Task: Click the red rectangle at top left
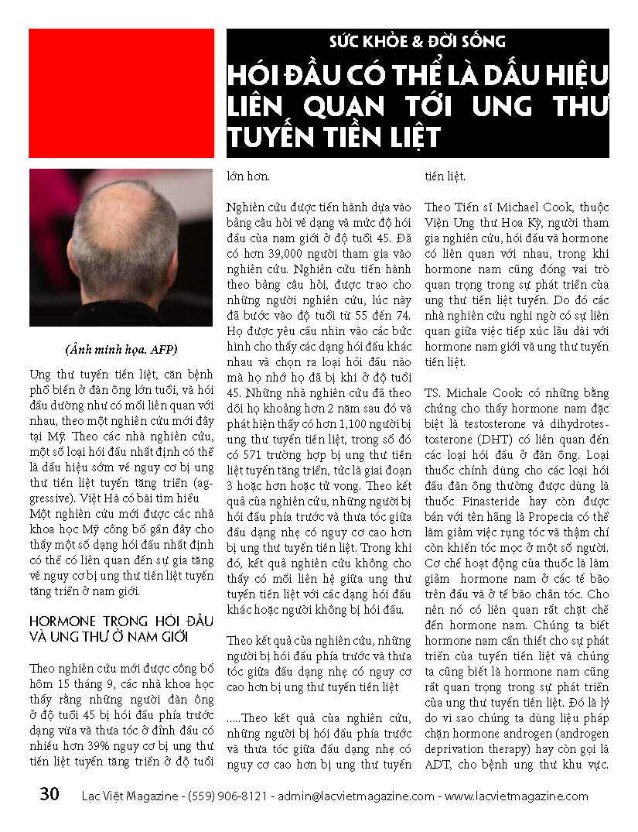(x=121, y=93)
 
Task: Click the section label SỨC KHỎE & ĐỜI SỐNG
(x=418, y=42)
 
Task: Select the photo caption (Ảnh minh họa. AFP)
(x=121, y=349)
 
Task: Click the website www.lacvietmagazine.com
(x=517, y=796)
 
